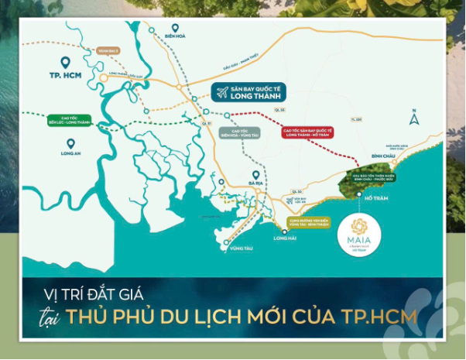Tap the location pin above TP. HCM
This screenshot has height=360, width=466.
pos(65,62)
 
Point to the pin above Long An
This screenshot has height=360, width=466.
pos(70,142)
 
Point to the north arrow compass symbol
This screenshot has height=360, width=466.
pos(414,119)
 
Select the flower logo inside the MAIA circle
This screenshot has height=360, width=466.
pos(360,226)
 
